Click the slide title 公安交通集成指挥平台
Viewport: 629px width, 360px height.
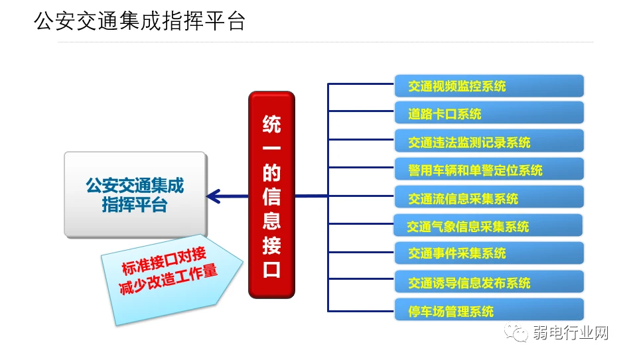pos(139,21)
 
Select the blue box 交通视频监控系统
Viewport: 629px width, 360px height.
pos(489,86)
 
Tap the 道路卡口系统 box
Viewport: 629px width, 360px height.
pos(489,113)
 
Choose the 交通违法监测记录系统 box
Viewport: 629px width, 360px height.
pos(489,141)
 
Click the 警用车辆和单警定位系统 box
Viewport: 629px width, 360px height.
pos(489,169)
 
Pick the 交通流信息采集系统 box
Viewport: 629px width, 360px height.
pos(489,197)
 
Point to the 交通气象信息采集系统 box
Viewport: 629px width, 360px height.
pos(488,225)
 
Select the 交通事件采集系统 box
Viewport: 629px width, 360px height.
pos(489,253)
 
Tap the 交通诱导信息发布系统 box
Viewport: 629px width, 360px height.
pos(489,281)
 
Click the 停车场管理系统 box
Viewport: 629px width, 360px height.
pos(489,310)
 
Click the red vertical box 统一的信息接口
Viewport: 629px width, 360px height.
pos(271,195)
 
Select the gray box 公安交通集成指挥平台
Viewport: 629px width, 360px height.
pos(135,194)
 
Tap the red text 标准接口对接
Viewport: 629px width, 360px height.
pos(164,261)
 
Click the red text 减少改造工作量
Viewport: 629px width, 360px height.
pos(169,279)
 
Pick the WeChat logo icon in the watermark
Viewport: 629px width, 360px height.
pos(516,332)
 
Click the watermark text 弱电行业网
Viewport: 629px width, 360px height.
pos(571,333)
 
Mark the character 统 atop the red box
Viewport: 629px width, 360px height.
pos(271,124)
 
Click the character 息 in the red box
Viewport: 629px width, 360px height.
pos(271,221)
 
